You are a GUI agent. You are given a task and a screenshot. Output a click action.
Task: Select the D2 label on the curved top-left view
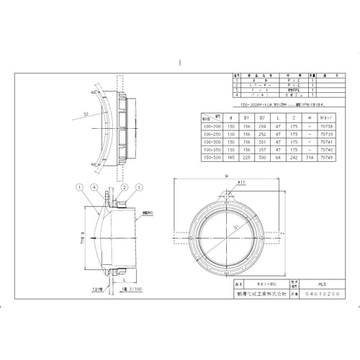pos(85,113)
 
